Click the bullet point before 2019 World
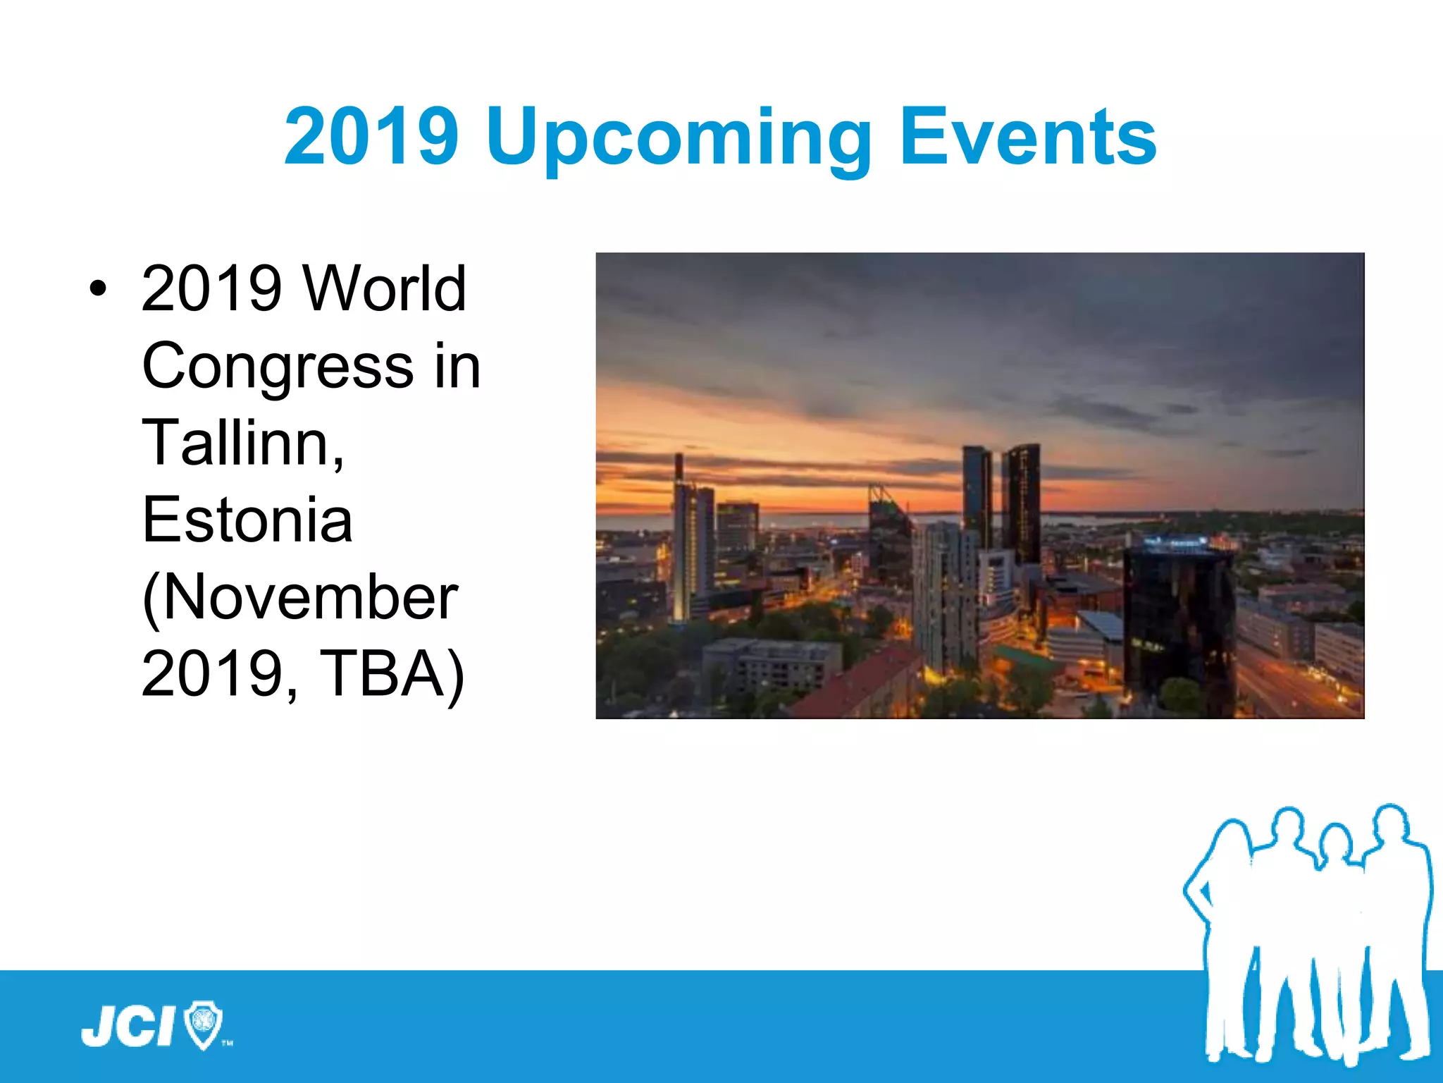98,288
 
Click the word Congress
278,366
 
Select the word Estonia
247,520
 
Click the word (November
300,597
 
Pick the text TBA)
392,674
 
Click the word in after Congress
457,366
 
